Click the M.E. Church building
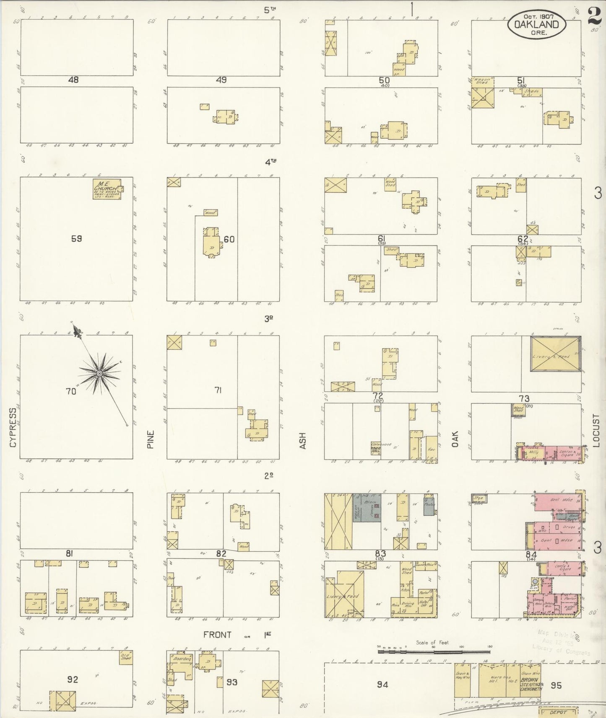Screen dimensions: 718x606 click(x=107, y=189)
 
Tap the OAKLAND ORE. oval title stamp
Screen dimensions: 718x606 click(x=537, y=25)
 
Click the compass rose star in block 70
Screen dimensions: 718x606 click(x=99, y=373)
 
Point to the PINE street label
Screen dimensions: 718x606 click(x=151, y=439)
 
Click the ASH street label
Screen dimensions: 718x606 click(x=303, y=441)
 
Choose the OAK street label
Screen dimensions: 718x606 click(x=455, y=439)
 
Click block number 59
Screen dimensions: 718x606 click(x=76, y=239)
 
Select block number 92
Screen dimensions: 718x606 click(x=73, y=679)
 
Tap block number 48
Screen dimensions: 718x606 click(x=73, y=80)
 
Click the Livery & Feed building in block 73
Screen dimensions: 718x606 click(x=556, y=354)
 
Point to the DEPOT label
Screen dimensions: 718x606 click(x=558, y=712)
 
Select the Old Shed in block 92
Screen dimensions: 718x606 click(x=126, y=656)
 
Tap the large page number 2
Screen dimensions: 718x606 click(x=594, y=17)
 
